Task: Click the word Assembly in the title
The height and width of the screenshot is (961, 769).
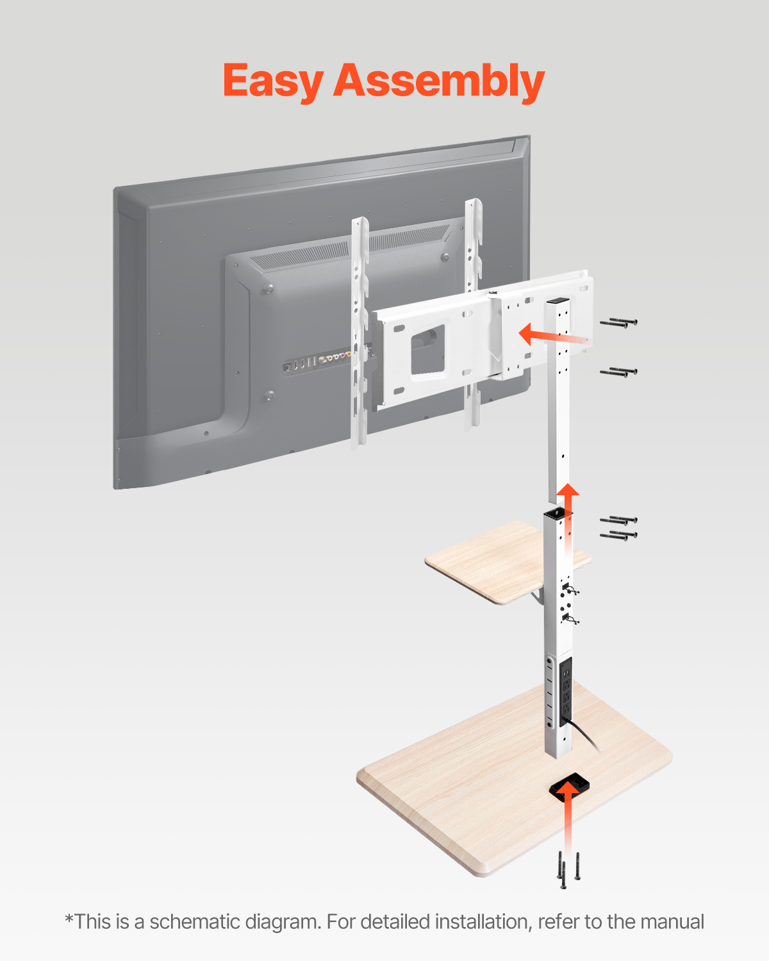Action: [439, 81]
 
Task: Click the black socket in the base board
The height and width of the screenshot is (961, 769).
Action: [569, 785]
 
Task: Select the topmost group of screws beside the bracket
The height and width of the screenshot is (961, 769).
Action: [618, 323]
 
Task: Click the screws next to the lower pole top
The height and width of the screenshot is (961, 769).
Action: [618, 527]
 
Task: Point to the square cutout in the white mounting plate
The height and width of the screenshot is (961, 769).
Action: [427, 349]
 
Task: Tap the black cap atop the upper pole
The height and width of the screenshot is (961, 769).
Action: [558, 300]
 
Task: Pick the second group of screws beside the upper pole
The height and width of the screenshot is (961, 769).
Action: [618, 372]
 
